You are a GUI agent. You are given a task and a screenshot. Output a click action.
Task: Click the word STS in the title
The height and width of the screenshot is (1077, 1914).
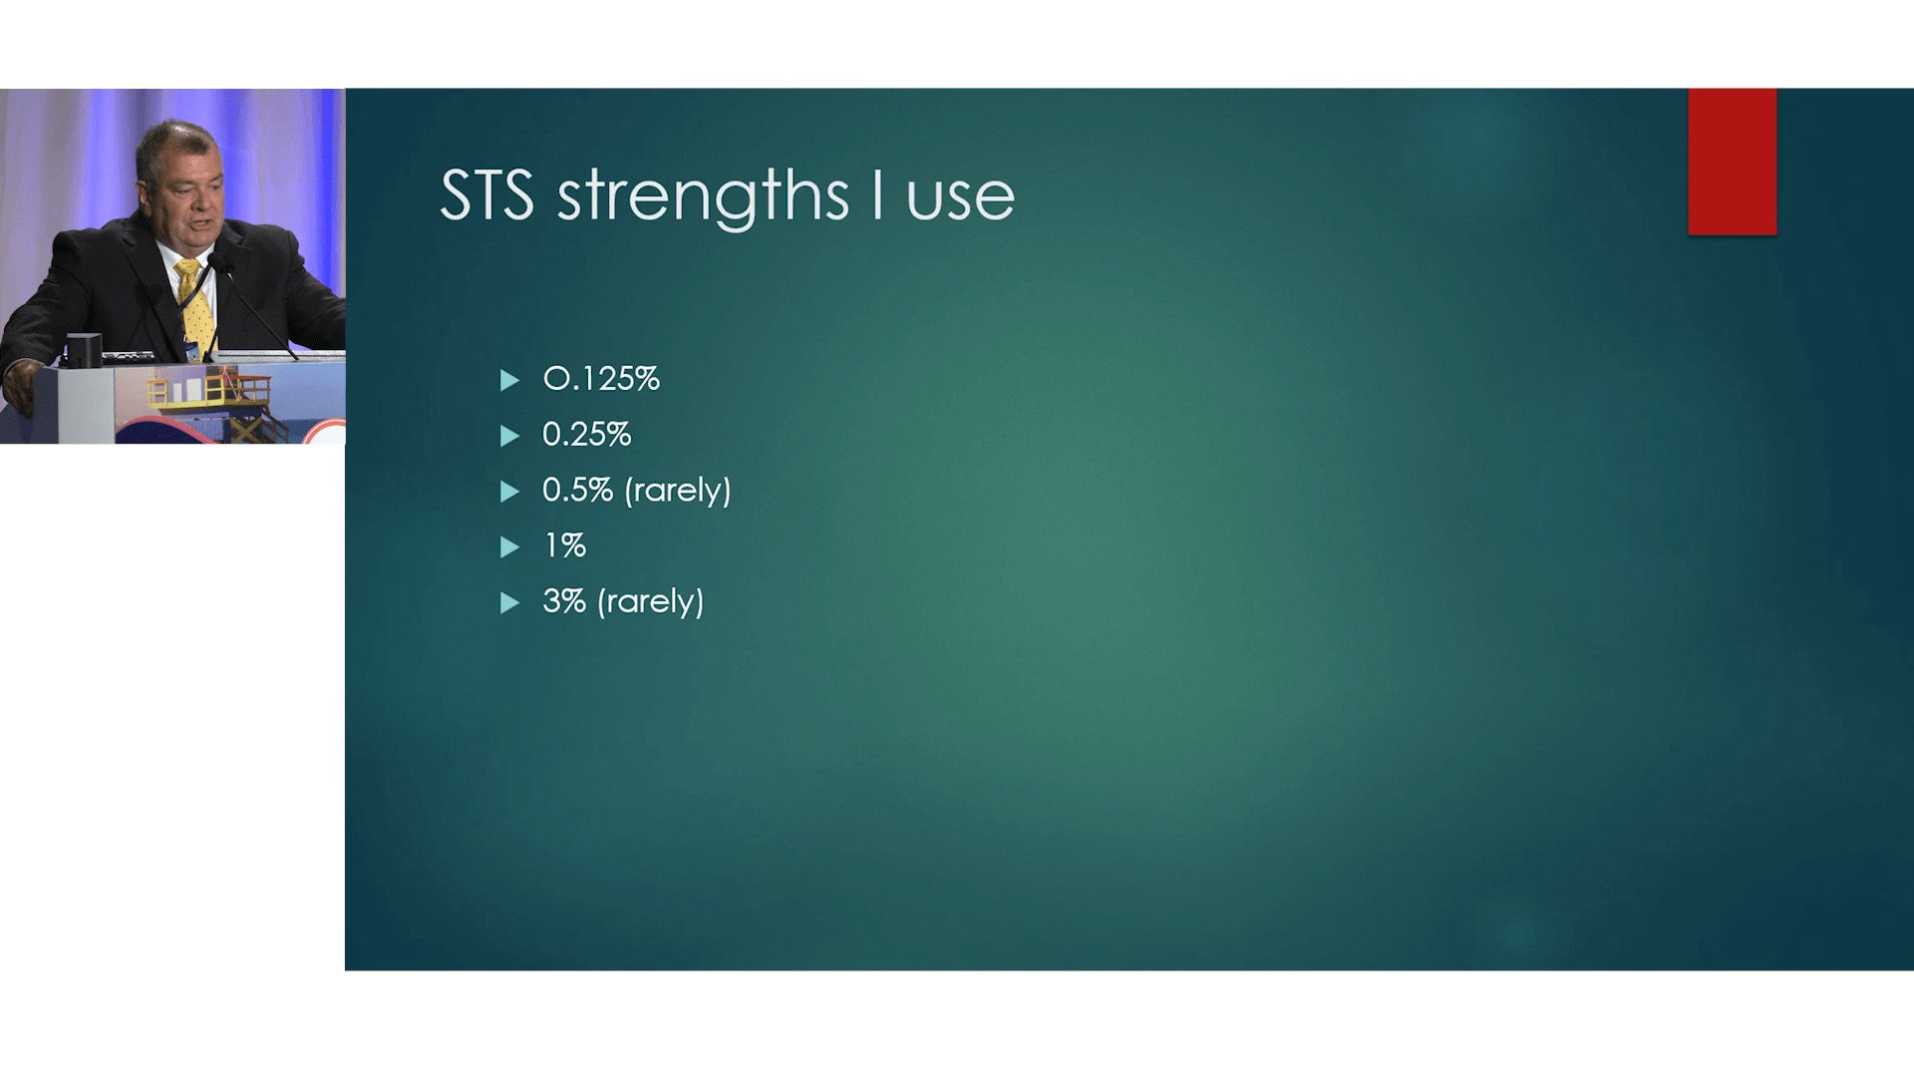pyautogui.click(x=486, y=194)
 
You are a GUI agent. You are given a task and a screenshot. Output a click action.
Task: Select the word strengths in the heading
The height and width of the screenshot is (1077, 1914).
pyautogui.click(x=703, y=197)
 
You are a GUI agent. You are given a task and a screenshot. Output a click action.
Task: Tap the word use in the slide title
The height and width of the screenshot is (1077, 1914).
pyautogui.click(x=961, y=198)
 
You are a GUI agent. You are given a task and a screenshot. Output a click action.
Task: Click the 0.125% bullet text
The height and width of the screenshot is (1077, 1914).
pyautogui.click(x=601, y=379)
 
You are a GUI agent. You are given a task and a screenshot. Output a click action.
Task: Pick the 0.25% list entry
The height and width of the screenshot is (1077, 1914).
pyautogui.click(x=586, y=435)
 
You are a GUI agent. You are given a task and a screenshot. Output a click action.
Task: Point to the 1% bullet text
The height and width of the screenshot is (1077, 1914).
pyautogui.click(x=564, y=545)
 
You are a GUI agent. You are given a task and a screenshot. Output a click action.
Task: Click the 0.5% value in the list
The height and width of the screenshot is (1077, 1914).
pyautogui.click(x=577, y=490)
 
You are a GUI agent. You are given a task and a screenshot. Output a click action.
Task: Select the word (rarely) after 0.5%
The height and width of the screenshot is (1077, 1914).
pyautogui.click(x=678, y=491)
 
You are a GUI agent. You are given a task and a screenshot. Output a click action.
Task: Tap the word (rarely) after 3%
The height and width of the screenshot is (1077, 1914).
pyautogui.click(x=651, y=602)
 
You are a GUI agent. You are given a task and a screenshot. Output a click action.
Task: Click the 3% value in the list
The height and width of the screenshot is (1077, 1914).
pyautogui.click(x=564, y=601)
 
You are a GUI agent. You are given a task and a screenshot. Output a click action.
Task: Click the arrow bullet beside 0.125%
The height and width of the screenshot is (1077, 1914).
pyautogui.click(x=509, y=380)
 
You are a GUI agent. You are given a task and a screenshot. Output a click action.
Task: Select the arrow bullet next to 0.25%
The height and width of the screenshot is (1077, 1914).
pyautogui.click(x=509, y=436)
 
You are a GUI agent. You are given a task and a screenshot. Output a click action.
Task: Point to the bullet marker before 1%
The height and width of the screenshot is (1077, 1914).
pyautogui.click(x=509, y=546)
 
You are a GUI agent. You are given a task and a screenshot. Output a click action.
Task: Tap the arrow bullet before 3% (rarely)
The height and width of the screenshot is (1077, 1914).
pyautogui.click(x=509, y=602)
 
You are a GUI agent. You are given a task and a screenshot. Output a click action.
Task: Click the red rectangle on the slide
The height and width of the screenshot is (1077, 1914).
pyautogui.click(x=1733, y=162)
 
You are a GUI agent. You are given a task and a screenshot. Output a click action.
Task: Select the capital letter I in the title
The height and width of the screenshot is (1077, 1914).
pyautogui.click(x=877, y=194)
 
